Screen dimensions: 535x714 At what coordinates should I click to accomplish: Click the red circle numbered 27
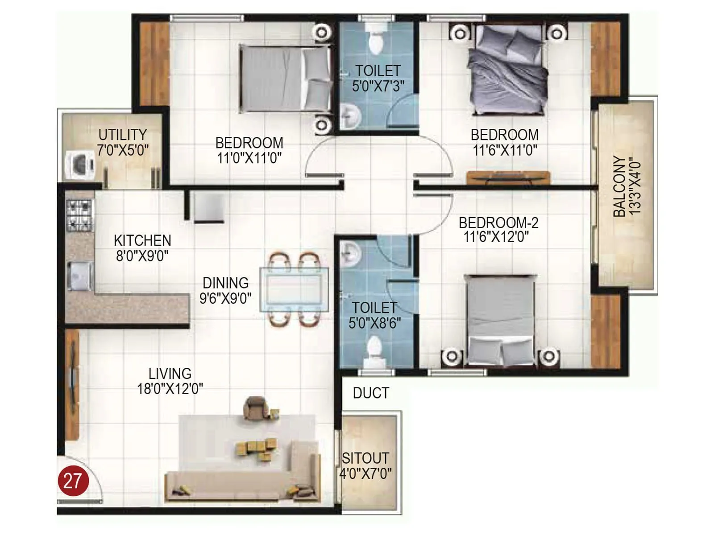tap(73, 481)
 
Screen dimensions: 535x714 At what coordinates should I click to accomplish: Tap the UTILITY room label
tap(123, 135)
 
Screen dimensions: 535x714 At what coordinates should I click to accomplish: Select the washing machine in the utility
tap(80, 165)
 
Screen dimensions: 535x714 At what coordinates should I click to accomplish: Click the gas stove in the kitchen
tap(79, 215)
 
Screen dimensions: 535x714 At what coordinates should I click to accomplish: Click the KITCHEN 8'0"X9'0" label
tap(143, 248)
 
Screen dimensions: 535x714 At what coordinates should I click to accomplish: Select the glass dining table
tap(295, 289)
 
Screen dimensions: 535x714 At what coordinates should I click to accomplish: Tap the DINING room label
tap(225, 283)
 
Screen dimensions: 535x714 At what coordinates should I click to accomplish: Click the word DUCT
tap(371, 393)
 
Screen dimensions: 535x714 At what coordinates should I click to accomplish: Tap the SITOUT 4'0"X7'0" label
tap(365, 465)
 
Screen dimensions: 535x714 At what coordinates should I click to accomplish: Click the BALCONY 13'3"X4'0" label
tap(627, 186)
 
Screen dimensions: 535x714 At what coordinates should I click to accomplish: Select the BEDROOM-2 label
tap(498, 222)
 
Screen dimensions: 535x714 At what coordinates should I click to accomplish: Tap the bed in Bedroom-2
tap(500, 319)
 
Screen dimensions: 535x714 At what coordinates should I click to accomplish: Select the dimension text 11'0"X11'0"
tap(249, 158)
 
